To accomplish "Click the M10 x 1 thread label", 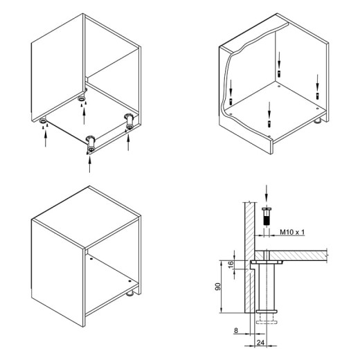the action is coord(292,232).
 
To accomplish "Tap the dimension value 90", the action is coord(217,287).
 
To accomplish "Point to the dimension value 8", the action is coord(235,330).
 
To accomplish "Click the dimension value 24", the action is coord(260,343).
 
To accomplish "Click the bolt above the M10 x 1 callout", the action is coord(267,216).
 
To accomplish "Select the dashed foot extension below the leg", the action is coord(267,319).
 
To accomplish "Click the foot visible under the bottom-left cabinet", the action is coord(130,294).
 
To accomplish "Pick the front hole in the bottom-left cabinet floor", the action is coord(129,281).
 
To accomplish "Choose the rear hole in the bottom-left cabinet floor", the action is coord(91,259).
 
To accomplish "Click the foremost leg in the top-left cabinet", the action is coord(91,144).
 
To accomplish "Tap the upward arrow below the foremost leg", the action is coord(89,163).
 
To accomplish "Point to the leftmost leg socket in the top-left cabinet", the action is coord(43,120).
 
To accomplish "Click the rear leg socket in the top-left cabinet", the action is coord(81,98).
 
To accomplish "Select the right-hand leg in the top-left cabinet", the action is coord(129,121).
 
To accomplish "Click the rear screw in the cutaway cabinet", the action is coord(279,74).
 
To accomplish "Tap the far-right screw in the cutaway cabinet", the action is coord(318,96).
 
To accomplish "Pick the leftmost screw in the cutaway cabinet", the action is coord(231,101).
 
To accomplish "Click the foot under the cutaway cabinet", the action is coord(318,120).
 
